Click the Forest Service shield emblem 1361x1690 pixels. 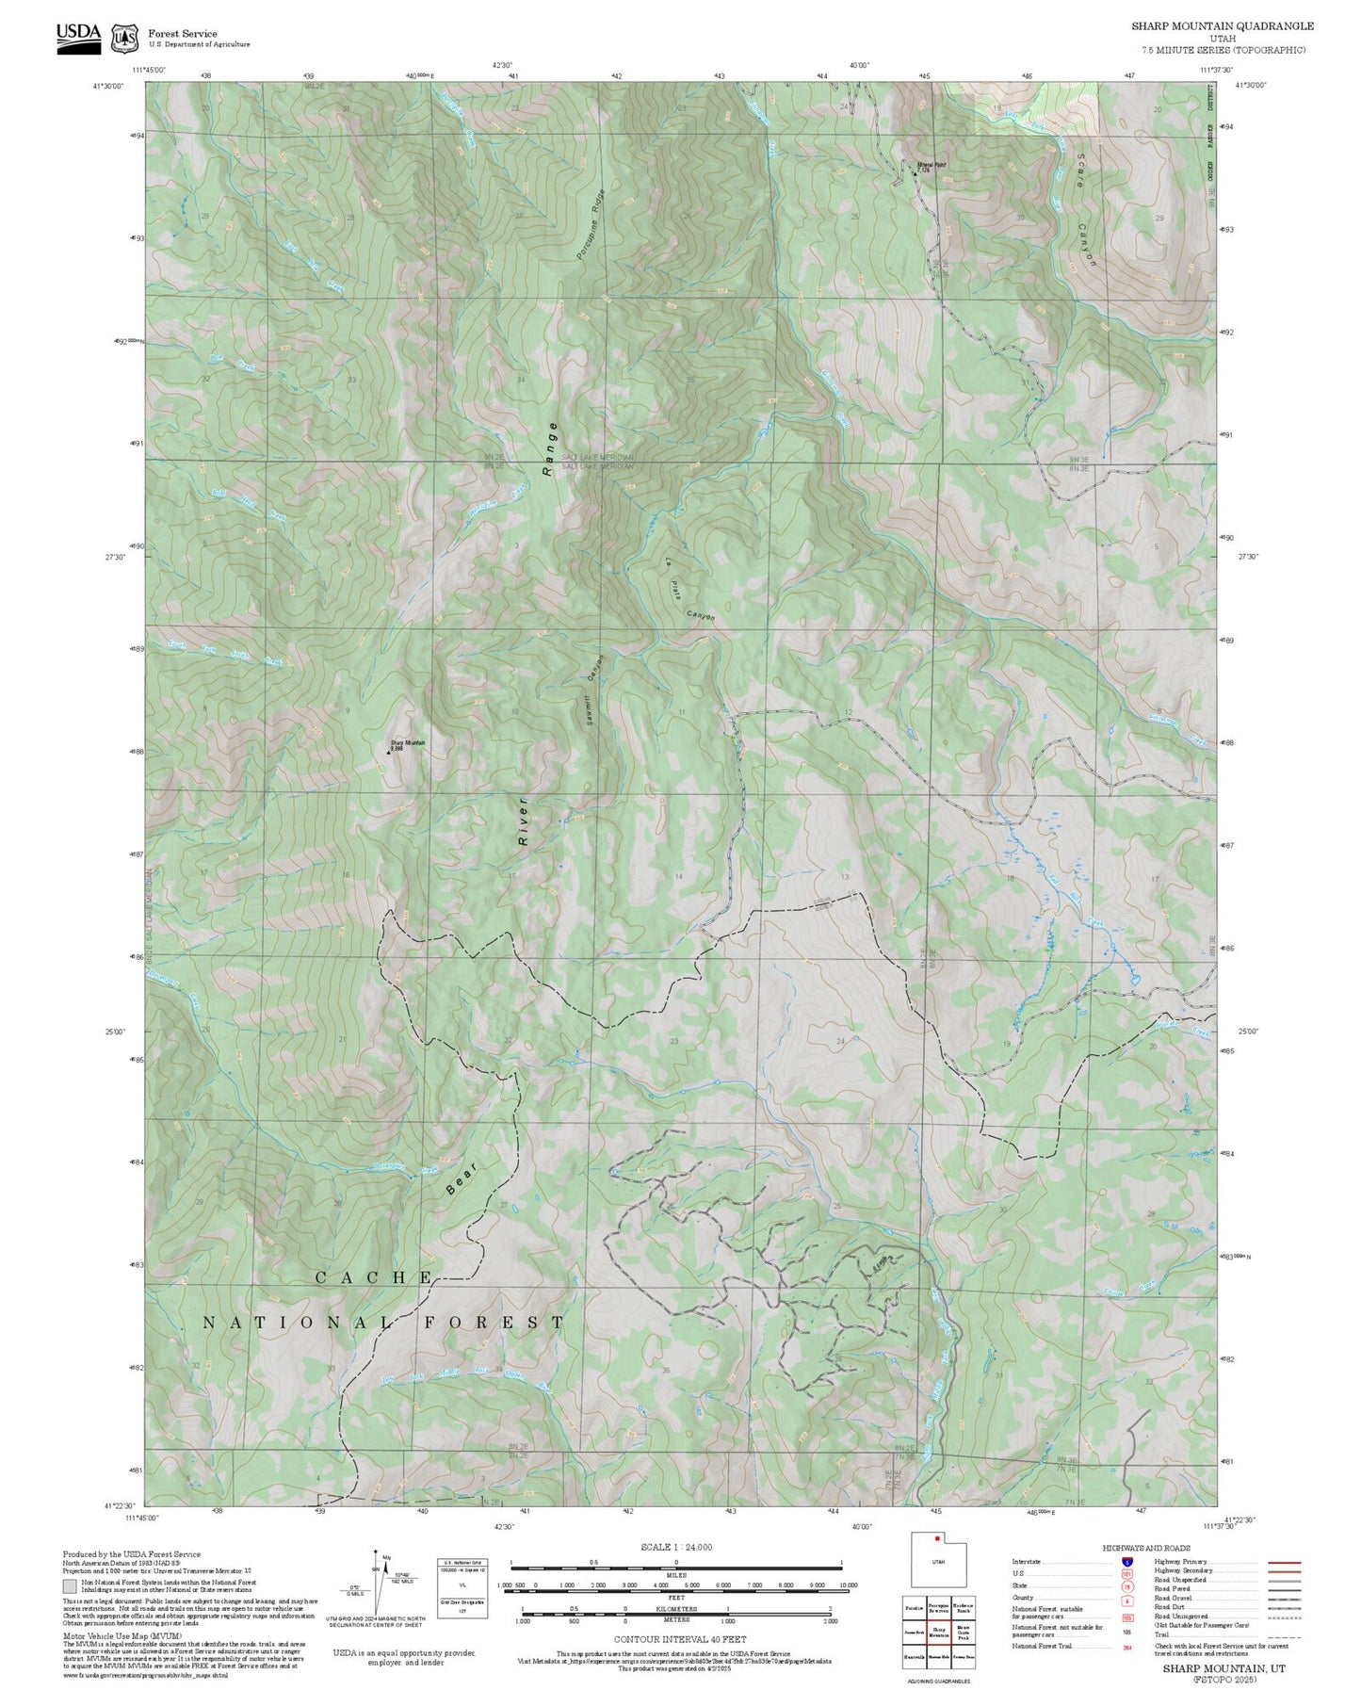(124, 39)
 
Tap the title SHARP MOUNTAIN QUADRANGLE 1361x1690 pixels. (1222, 26)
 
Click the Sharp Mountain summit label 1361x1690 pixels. (408, 745)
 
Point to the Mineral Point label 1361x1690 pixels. (931, 167)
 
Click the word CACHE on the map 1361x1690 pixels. (373, 1277)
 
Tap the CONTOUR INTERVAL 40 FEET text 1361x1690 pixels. (679, 1639)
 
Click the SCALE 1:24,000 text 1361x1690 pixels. (675, 1547)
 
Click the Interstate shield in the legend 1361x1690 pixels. (1126, 1562)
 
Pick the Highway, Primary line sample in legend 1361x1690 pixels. (1284, 1562)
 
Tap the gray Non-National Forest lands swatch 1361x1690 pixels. (70, 1585)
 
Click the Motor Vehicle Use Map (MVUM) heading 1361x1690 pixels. (106, 1635)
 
